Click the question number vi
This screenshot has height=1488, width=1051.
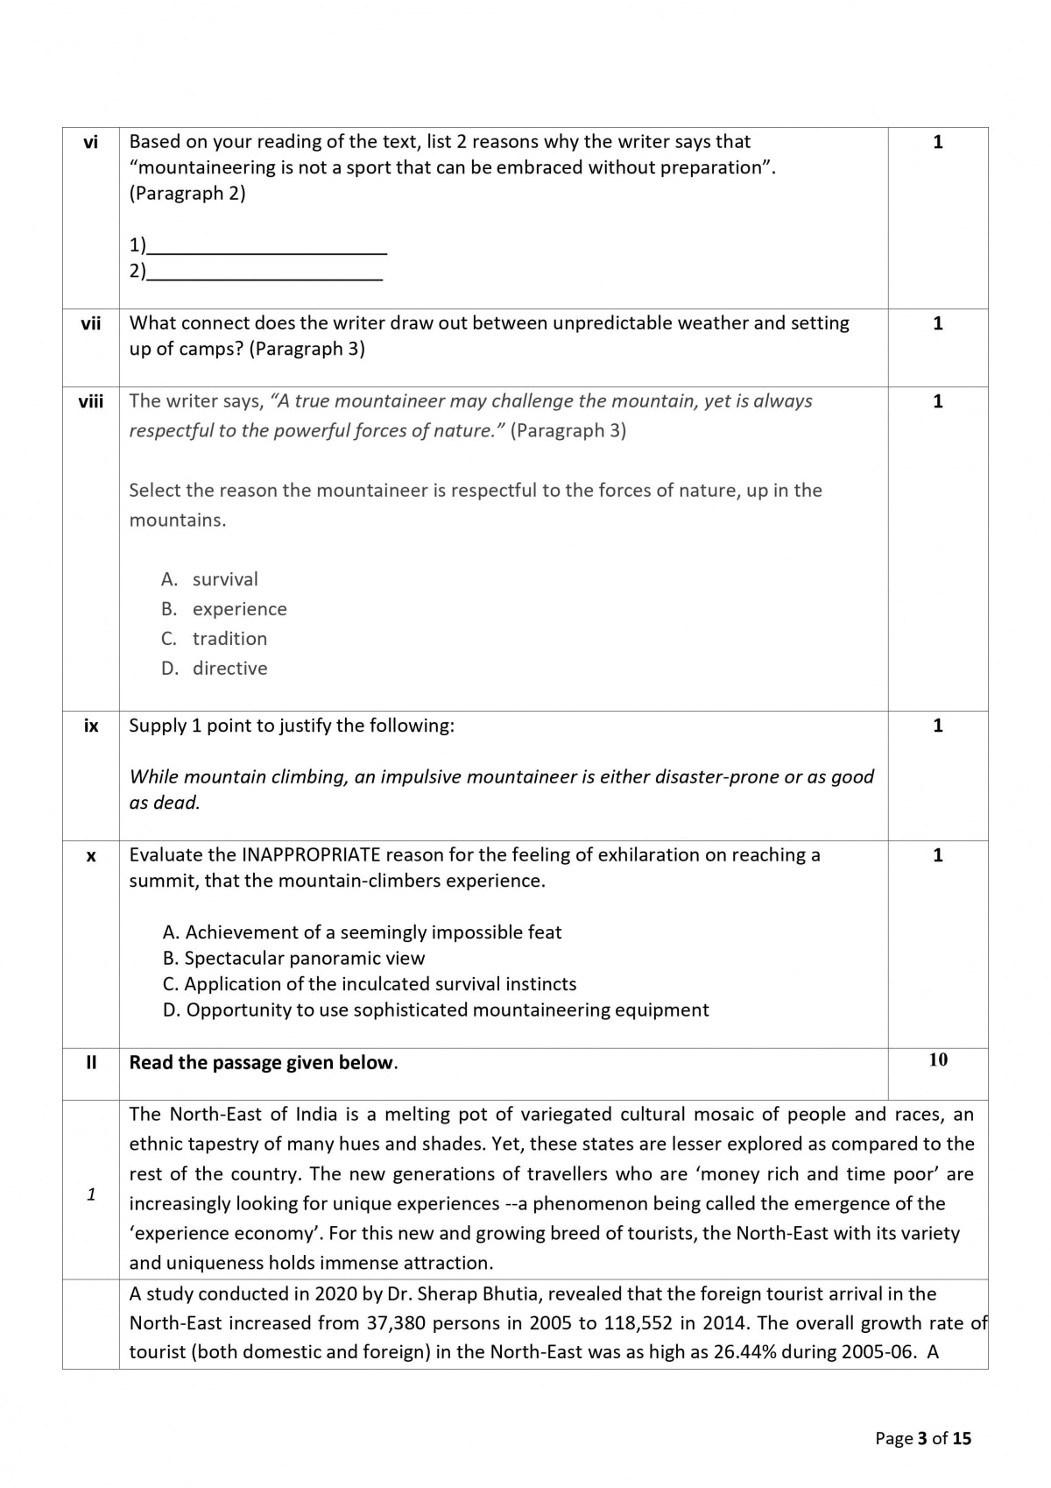[x=90, y=142]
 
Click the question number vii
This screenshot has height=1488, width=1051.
[x=90, y=323]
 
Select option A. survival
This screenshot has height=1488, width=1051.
[x=210, y=579]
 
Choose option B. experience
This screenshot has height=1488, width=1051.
[x=224, y=609]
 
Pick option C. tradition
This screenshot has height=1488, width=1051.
[x=215, y=639]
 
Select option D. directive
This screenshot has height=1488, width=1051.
[x=215, y=669]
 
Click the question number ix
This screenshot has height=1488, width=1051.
[x=90, y=726]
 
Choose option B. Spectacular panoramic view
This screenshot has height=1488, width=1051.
[x=294, y=959]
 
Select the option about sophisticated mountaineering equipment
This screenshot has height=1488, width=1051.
[x=436, y=1010]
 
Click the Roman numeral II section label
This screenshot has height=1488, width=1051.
[x=90, y=1063]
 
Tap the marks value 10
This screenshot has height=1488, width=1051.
[x=938, y=1060]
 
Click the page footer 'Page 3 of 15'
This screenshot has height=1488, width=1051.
[x=923, y=1438]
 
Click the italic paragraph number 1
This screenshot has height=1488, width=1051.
[x=90, y=1194]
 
